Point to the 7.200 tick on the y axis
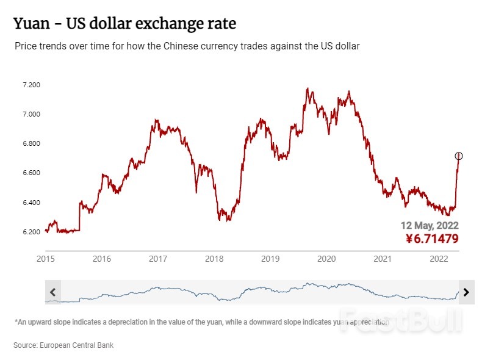click(31, 85)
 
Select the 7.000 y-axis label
click(31, 114)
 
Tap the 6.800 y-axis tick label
click(31, 143)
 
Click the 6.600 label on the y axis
click(31, 173)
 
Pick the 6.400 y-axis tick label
click(31, 203)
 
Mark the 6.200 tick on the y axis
click(31, 232)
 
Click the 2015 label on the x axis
click(46, 259)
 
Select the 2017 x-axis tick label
click(158, 259)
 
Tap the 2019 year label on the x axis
click(270, 259)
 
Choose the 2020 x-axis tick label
click(326, 259)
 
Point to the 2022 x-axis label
click(439, 259)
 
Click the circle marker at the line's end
click(459, 156)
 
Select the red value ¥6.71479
click(431, 239)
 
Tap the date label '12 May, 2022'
click(430, 225)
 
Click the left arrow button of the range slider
click(52, 292)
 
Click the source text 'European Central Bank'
click(76, 345)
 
